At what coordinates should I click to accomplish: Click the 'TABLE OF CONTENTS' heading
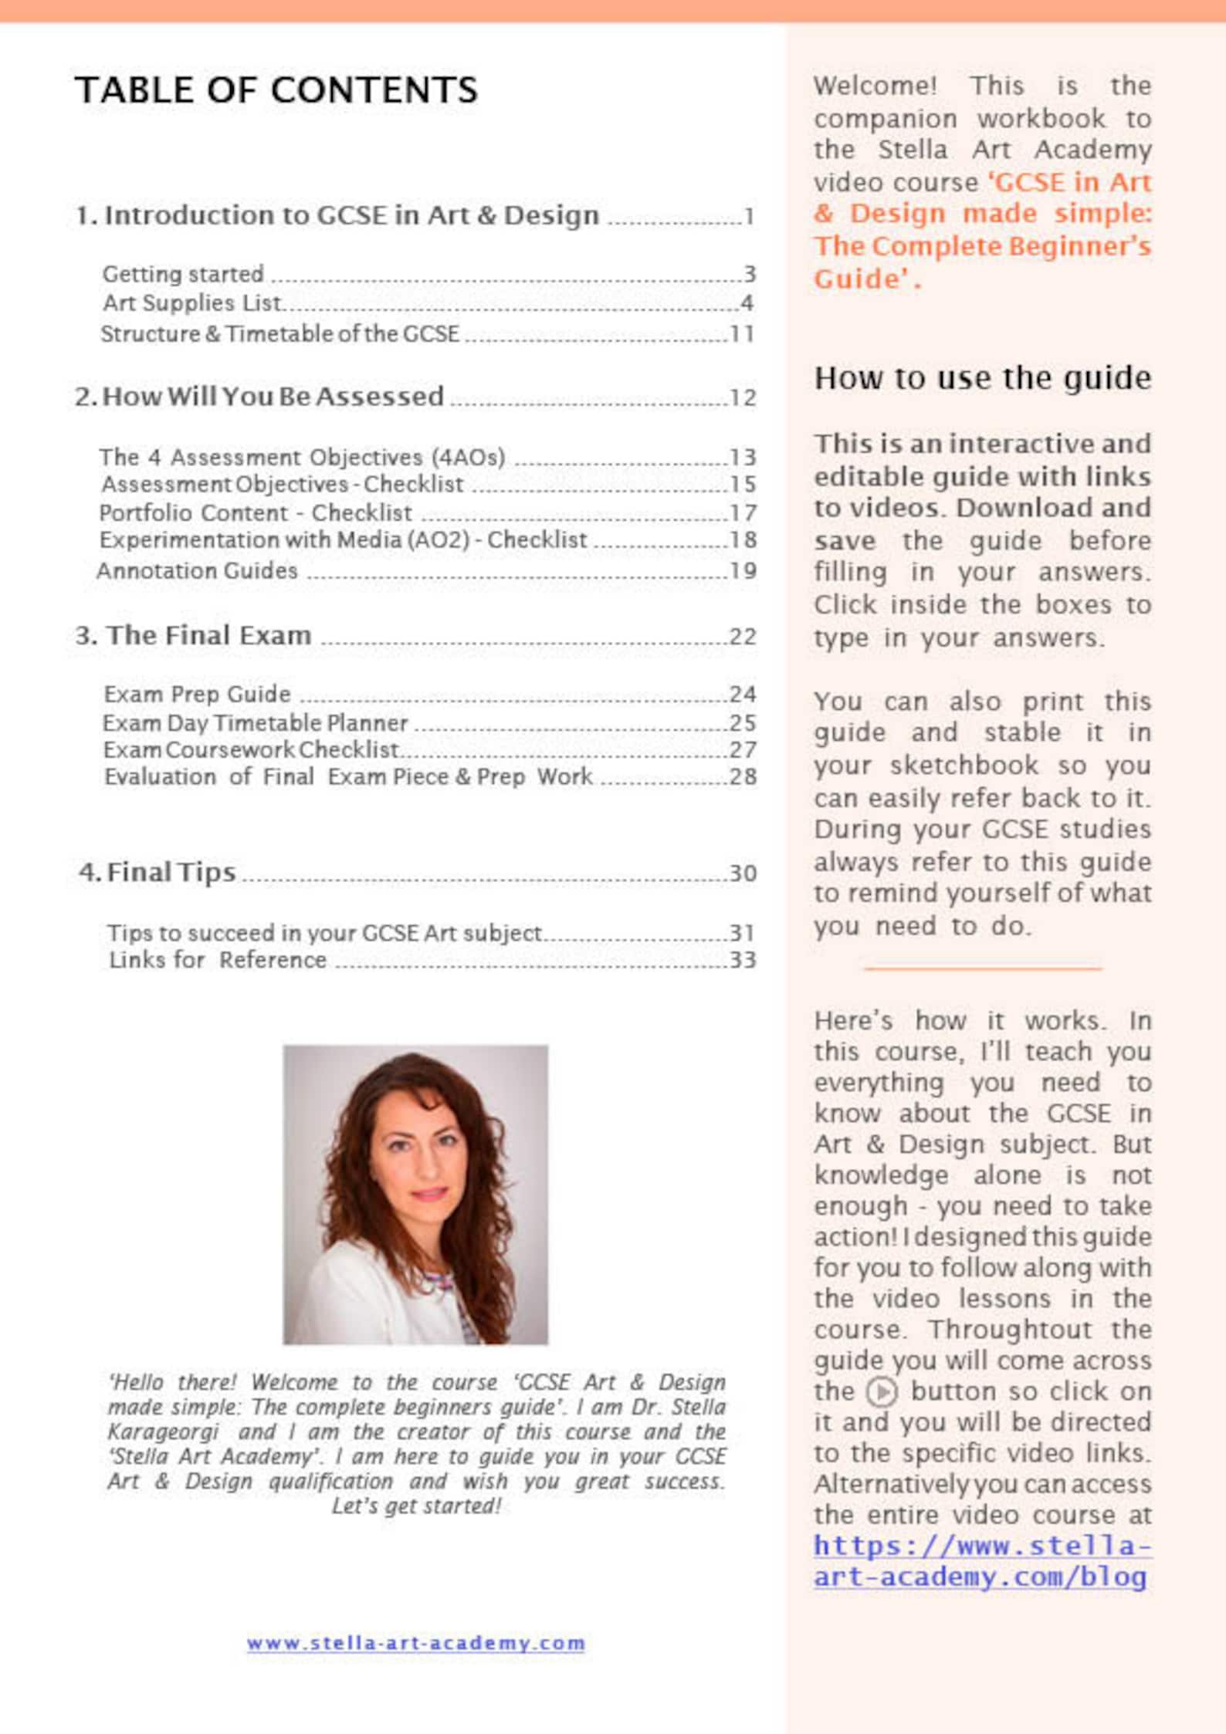coord(276,90)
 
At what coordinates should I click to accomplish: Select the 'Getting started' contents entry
coord(183,274)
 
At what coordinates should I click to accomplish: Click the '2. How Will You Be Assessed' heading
coord(259,397)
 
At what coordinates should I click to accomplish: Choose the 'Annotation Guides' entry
coord(197,571)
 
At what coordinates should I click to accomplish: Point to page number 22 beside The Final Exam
coord(742,637)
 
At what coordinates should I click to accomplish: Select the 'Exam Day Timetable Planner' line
coord(255,723)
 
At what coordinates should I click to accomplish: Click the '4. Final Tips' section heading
coord(157,873)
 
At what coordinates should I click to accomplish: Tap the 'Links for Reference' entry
coord(217,960)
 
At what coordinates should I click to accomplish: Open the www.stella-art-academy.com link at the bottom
coord(415,1643)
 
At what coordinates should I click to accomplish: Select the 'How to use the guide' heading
coord(982,378)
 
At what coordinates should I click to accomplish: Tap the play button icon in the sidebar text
coord(881,1392)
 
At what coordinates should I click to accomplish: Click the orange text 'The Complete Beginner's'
coord(982,246)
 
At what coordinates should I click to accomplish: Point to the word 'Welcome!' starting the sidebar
coord(875,86)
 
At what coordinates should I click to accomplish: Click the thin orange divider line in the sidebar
coord(982,968)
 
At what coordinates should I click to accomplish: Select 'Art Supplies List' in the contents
coord(192,303)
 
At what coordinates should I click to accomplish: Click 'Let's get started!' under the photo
coord(416,1506)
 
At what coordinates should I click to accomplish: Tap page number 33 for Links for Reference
coord(742,960)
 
